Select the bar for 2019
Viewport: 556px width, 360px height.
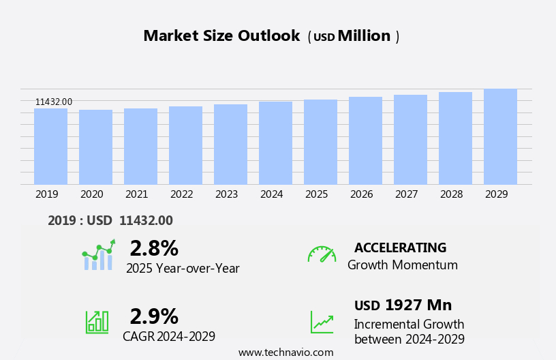(x=50, y=146)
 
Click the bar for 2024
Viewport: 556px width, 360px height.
(x=275, y=142)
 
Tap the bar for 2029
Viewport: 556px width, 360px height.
(x=500, y=136)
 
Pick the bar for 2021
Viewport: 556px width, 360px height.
(x=140, y=146)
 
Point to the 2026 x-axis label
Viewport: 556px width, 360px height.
(x=361, y=194)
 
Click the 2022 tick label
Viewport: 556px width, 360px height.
(x=181, y=194)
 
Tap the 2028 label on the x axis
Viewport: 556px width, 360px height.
(x=451, y=194)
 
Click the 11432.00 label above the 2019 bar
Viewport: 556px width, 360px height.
(x=54, y=102)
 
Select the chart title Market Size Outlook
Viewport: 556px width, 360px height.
(x=221, y=36)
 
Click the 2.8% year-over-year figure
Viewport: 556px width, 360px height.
(x=154, y=248)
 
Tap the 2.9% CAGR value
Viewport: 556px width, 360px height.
(x=154, y=316)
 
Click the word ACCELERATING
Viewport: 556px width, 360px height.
(x=400, y=248)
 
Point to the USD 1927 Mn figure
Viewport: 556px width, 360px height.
(x=403, y=305)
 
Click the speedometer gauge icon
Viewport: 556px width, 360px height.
(x=322, y=254)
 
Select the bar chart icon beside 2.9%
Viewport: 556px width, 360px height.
(x=97, y=321)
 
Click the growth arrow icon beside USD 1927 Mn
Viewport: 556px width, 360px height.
(x=322, y=322)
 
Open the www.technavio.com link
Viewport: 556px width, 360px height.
(x=285, y=352)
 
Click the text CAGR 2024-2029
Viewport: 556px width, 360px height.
(x=169, y=336)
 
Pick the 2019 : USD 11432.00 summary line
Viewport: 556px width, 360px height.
(x=110, y=220)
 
